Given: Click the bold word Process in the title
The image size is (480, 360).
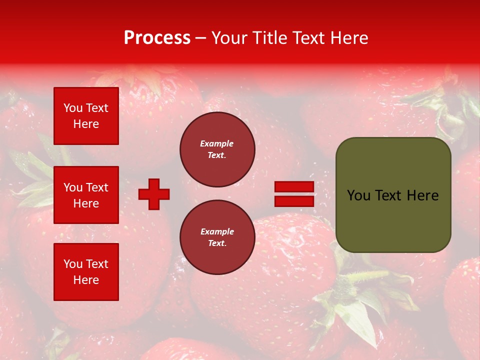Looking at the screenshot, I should pos(157,38).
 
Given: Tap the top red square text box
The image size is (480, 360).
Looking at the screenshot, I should pos(86,116).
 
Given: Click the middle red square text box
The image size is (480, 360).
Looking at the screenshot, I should pos(86,195).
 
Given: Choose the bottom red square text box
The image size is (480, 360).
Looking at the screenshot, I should pos(86,271).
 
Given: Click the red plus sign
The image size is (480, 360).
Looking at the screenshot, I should pos(154,194).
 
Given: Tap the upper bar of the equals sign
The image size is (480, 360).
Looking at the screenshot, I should pos(294,186).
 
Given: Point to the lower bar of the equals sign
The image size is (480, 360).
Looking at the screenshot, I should pos(294,201).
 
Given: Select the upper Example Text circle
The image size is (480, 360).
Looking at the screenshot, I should pos(217,149).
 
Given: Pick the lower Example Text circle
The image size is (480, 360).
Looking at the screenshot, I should pos(217,237).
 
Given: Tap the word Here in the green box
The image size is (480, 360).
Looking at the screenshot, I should pos(422,195).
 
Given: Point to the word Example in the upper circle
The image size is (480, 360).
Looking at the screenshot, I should pos(217,143).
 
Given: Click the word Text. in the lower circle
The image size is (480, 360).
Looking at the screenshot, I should pos(217,243).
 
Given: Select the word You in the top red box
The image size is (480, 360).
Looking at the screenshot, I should pos(73,108).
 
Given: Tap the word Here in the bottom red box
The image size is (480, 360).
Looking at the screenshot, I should pos(86,280).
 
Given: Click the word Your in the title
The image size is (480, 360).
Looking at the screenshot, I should pos(229,38).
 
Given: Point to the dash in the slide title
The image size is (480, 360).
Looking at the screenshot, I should pos(200,38).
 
